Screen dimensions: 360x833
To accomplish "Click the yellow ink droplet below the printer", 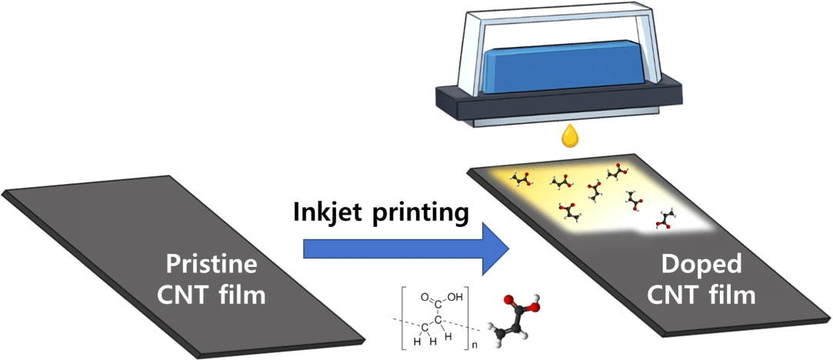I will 569,136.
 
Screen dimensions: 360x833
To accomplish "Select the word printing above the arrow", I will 426,213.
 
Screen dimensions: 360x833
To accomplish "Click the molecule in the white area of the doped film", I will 663,220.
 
